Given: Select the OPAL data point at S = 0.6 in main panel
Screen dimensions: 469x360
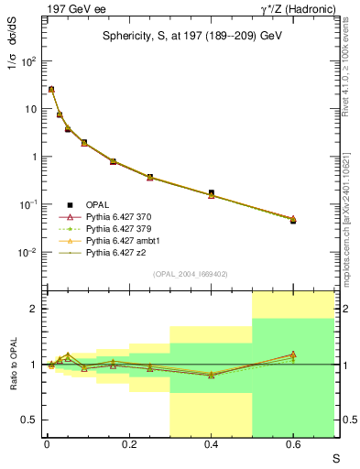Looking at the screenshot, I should [x=293, y=221].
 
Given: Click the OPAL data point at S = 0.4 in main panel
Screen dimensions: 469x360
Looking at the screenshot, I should [x=211, y=193].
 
